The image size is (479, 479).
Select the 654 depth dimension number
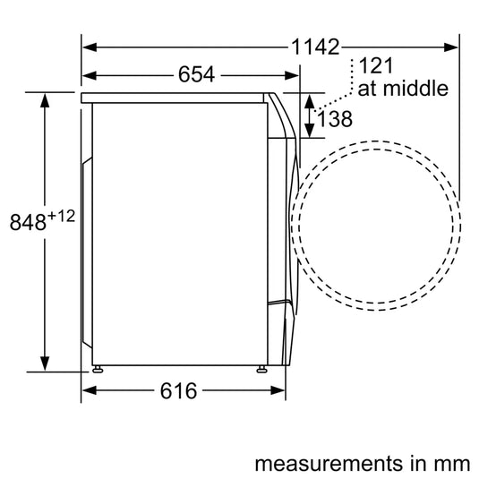pos(194,75)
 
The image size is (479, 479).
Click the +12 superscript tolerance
pos(60,216)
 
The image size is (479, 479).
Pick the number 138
pos(334,117)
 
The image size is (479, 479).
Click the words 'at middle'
pos(403,90)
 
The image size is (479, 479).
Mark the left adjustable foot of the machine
pos(96,368)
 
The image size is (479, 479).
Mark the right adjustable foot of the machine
pos(261,368)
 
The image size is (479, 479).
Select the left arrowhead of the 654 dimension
pos(89,75)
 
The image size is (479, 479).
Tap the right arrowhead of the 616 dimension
pos(278,390)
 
